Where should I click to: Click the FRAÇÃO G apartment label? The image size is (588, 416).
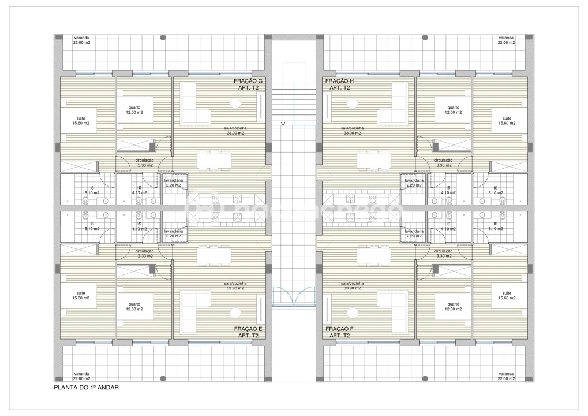(x=248, y=84)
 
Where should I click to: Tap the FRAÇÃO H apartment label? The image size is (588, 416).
(x=339, y=84)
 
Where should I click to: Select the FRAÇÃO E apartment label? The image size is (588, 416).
(x=248, y=332)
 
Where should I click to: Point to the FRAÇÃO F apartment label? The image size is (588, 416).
(x=339, y=332)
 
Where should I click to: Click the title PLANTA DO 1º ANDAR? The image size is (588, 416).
(x=86, y=388)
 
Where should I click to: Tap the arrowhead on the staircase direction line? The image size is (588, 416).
(x=283, y=123)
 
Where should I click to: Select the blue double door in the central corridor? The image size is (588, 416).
(x=294, y=296)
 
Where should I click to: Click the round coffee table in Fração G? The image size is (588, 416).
(x=235, y=103)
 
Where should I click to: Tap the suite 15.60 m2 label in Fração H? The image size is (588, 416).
(x=506, y=120)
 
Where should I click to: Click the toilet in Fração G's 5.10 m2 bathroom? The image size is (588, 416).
(x=85, y=200)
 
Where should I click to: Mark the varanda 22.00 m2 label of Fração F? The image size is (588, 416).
(x=506, y=376)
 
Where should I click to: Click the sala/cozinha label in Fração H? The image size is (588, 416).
(x=351, y=131)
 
